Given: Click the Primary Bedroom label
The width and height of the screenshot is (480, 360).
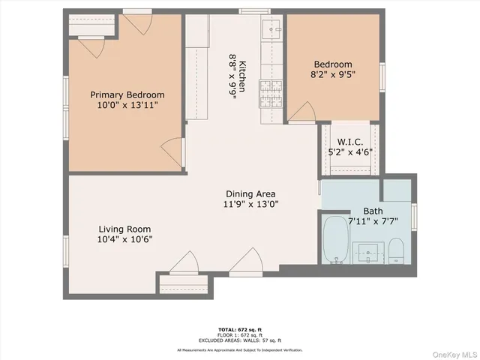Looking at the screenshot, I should pos(127,94).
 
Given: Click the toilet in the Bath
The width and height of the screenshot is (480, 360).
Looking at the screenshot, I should pos(397,250).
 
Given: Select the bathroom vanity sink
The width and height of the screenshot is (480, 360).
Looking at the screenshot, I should pos(368,250).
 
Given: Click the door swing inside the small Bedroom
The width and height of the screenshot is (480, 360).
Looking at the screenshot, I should pos(301,113).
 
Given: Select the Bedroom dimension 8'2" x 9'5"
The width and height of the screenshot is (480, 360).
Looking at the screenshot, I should pos(333,75).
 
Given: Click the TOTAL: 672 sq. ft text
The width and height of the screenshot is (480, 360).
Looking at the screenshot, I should pos(240,329).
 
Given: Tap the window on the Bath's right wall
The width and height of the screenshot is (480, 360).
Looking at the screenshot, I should pos(414,213).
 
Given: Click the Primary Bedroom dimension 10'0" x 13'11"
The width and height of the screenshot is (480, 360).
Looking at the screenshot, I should pos(127,106).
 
